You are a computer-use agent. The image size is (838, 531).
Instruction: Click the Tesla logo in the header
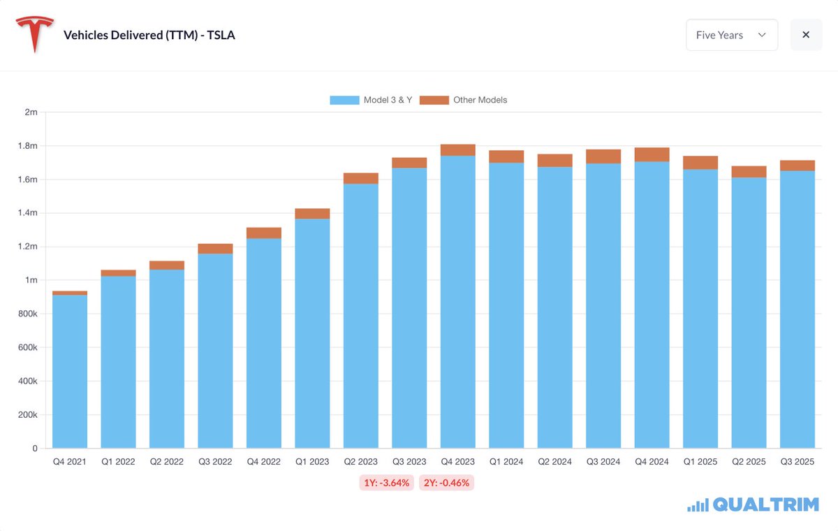tap(35, 35)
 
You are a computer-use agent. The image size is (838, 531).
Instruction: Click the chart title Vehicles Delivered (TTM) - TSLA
tap(149, 35)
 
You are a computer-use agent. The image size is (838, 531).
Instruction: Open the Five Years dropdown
tap(731, 35)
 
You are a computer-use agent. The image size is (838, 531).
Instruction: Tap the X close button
tap(806, 35)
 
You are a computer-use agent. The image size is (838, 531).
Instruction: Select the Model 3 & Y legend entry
tap(371, 100)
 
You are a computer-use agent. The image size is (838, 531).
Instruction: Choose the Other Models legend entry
tap(464, 100)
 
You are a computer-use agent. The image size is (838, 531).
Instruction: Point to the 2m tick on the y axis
tap(30, 112)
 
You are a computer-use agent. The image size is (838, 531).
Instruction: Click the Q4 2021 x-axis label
tap(70, 462)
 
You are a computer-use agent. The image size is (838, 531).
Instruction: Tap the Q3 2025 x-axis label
tap(797, 462)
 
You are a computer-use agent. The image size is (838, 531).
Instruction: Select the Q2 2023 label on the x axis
tap(360, 462)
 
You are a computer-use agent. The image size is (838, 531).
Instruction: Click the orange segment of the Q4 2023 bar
tap(457, 150)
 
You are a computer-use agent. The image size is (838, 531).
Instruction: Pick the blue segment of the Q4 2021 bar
tap(70, 370)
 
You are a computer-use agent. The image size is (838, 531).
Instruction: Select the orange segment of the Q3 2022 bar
tap(215, 249)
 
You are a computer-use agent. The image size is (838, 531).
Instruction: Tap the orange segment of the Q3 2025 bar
tap(797, 166)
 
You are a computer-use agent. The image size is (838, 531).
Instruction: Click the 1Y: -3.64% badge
tap(387, 483)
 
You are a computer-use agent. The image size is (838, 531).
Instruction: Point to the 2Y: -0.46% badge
tap(446, 483)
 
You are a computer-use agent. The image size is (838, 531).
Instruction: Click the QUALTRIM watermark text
tap(765, 505)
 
